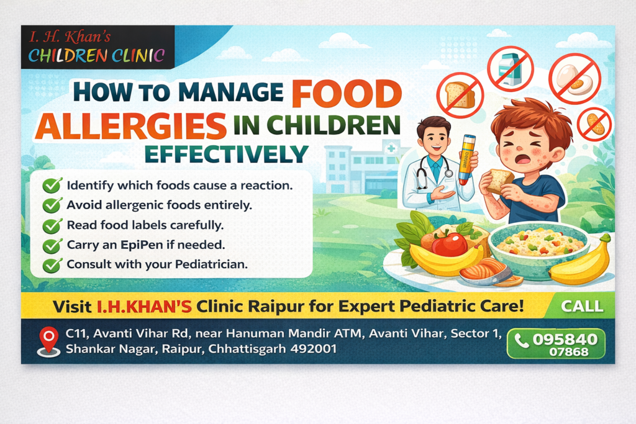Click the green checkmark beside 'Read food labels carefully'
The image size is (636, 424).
(x=52, y=225)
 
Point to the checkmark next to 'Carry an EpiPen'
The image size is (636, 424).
(x=52, y=245)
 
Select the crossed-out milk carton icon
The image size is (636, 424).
(x=510, y=68)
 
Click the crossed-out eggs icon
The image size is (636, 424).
(x=575, y=77)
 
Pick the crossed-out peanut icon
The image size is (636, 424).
(x=594, y=123)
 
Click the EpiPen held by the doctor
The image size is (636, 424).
(x=466, y=160)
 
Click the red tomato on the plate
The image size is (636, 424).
(x=449, y=244)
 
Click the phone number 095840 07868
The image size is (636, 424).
(x=556, y=343)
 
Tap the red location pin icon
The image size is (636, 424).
(x=48, y=341)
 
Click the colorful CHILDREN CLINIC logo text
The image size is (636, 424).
(x=96, y=56)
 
